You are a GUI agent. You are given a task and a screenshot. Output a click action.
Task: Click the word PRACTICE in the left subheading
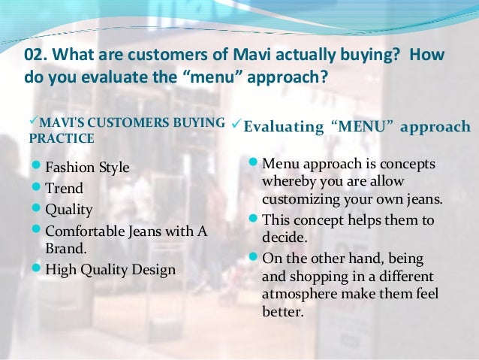pyautogui.click(x=61, y=138)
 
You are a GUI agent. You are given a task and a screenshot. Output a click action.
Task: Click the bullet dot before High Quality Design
pyautogui.click(x=37, y=269)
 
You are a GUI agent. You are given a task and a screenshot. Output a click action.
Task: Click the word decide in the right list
pyautogui.click(x=282, y=237)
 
